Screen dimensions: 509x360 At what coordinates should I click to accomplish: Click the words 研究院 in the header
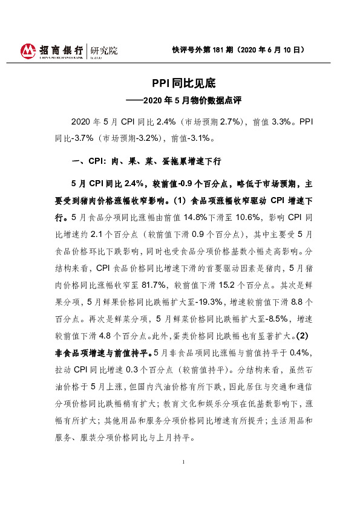pyautogui.click(x=103, y=50)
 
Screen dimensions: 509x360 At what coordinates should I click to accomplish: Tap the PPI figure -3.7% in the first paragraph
pyautogui.click(x=88, y=137)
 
